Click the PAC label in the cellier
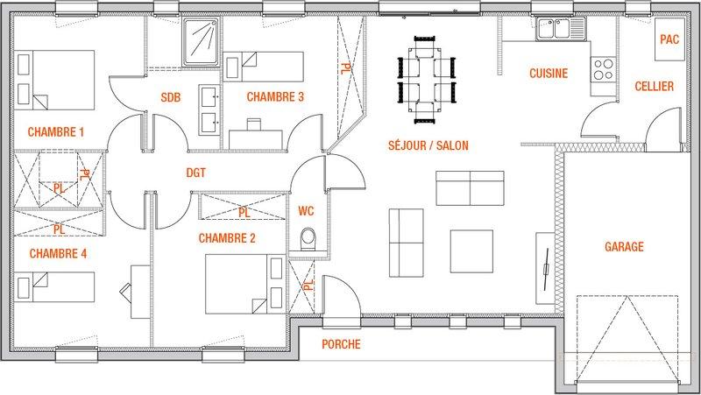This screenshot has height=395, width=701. (x=669, y=39)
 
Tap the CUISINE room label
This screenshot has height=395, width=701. (x=549, y=74)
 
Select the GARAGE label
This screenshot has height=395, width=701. (x=624, y=246)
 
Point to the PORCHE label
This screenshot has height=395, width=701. (x=341, y=344)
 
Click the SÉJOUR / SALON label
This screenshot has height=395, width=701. (x=428, y=145)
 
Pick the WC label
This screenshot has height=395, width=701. (x=306, y=210)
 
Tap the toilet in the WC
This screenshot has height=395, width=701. (x=308, y=239)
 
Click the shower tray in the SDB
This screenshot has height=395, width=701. (x=202, y=42)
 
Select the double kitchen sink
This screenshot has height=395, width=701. (x=561, y=29)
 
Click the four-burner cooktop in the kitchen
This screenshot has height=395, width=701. (x=603, y=69)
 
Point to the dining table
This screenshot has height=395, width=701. (x=427, y=80)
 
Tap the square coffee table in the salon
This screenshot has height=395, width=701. (x=471, y=251)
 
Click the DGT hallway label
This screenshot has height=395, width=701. (x=195, y=173)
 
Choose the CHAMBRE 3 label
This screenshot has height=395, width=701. (x=275, y=96)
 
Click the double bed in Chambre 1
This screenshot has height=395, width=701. (x=55, y=80)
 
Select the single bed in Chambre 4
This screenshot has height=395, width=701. (x=55, y=287)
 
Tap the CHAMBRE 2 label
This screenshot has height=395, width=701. (x=227, y=238)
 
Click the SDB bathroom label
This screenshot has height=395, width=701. (x=171, y=97)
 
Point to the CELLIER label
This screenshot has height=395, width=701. (x=654, y=86)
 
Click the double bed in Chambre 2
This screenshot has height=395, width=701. (x=245, y=284)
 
